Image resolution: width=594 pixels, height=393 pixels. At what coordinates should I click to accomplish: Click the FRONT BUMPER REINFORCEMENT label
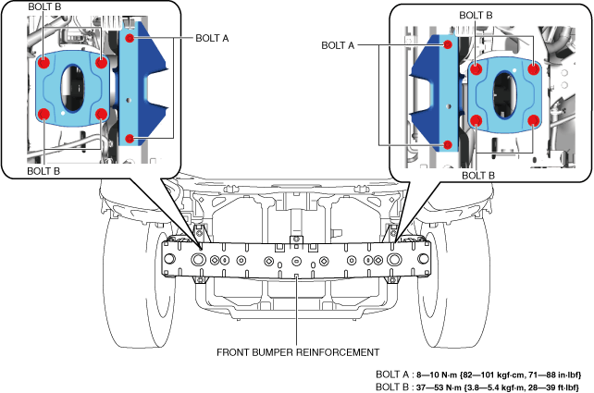298,352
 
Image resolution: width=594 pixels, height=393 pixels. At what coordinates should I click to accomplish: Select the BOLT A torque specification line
478,375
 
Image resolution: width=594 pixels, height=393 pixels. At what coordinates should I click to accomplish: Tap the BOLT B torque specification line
477,387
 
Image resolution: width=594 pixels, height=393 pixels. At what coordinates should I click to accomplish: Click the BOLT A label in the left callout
212,38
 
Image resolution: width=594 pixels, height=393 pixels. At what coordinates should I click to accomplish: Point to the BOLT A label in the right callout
338,45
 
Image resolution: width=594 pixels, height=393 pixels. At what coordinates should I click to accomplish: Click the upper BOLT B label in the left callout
44,6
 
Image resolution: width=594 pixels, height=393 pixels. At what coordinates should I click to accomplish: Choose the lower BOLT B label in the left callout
43,171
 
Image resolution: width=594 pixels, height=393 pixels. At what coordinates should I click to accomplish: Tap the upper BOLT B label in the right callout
476,15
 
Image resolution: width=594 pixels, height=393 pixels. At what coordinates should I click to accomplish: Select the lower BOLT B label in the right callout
478,176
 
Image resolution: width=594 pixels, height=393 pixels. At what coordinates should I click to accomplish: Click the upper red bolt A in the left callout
130,38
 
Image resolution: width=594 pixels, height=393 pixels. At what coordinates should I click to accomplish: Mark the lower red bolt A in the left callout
130,139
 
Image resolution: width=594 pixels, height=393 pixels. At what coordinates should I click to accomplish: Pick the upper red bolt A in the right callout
448,44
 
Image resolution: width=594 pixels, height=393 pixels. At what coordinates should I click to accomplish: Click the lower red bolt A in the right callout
448,144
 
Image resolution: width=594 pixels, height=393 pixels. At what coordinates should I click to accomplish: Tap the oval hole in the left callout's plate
72,88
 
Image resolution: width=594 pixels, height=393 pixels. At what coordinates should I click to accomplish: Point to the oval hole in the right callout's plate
504,94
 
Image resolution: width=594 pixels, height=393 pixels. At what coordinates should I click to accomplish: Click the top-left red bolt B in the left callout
43,63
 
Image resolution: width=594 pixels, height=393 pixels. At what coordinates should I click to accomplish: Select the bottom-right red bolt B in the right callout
533,121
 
